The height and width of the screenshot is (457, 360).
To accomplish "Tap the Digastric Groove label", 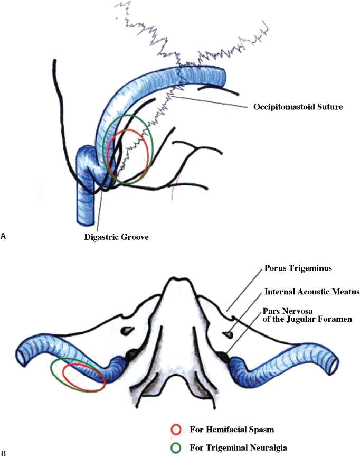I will (117, 237).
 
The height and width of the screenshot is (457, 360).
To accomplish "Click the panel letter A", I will (4, 236).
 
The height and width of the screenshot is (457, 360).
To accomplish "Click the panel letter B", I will (4, 453).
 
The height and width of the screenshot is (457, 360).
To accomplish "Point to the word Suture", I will (329, 107).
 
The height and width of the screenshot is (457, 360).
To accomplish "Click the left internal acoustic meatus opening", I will (127, 330).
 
